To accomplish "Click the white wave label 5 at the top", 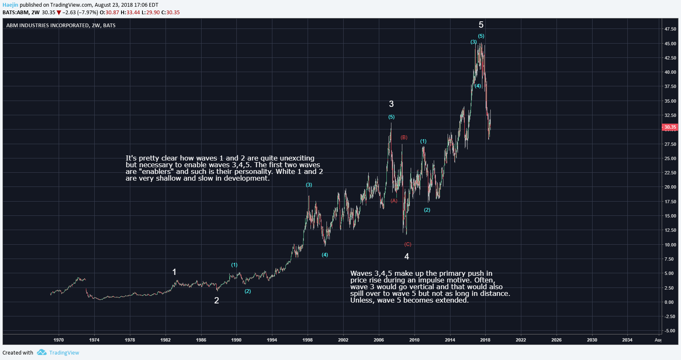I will (481, 25).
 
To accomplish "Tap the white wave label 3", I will (391, 104).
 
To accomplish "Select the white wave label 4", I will (407, 256).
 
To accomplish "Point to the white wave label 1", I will (174, 272).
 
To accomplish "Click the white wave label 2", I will (217, 300).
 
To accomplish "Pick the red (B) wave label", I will (404, 137).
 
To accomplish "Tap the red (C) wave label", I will (408, 244).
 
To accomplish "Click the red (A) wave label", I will (394, 201).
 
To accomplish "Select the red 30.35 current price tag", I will (670, 127).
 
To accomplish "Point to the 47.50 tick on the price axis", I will (670, 29).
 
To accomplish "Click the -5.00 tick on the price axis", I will (670, 331).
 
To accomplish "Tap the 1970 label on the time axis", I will (59, 340).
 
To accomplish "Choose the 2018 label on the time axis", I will (485, 340).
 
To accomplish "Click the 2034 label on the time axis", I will (627, 340).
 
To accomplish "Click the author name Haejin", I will (10, 5).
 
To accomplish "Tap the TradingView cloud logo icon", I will (41, 352).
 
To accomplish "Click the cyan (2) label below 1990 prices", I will (248, 291).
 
